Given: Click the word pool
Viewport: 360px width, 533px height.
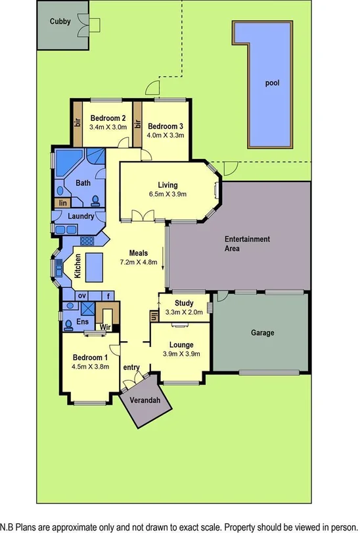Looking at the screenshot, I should (271, 84).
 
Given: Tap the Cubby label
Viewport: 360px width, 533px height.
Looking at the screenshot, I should (60, 21).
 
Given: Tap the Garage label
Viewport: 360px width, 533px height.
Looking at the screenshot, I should (262, 333).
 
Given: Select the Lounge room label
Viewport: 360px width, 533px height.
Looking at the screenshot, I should (181, 344).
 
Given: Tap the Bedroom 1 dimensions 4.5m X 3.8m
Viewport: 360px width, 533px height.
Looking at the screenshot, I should (91, 367).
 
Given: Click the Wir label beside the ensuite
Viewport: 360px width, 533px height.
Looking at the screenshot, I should (104, 327).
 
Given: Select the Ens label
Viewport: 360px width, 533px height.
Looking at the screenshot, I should (82, 322).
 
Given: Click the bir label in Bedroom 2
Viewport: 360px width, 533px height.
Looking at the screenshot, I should (77, 123).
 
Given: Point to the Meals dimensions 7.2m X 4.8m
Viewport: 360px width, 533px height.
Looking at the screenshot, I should (139, 262).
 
